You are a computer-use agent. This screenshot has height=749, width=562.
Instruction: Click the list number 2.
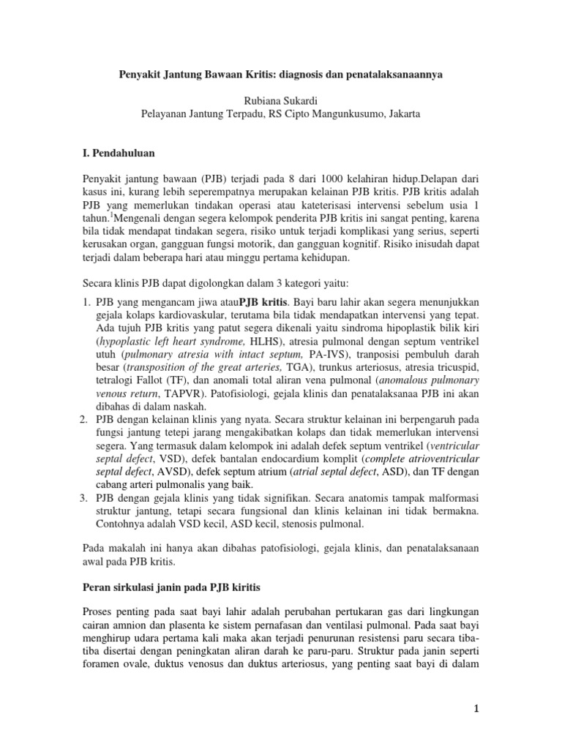[x=83, y=419]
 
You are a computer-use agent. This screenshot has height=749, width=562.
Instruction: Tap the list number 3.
[x=83, y=498]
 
